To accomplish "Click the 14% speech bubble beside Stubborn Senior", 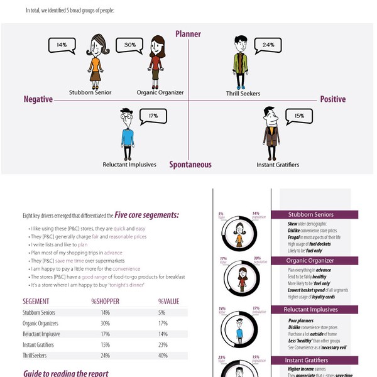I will tap(61, 45).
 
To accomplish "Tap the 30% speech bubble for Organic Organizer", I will tap(130, 45).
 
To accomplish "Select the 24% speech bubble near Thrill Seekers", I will tap(268, 45).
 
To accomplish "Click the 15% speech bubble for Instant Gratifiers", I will tap(299, 116).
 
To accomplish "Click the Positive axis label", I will tap(333, 99).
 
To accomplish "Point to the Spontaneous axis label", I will tap(190, 165).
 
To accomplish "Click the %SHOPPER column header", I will tap(105, 302).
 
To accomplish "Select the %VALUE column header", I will tap(168, 302).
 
